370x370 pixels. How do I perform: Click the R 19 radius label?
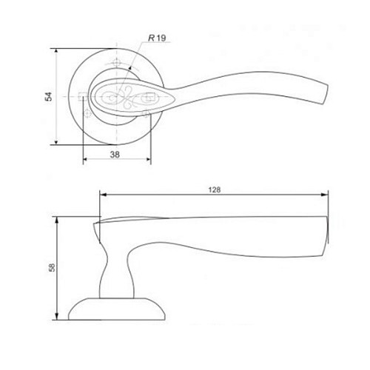click(x=157, y=38)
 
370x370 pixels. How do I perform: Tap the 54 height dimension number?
click(x=48, y=96)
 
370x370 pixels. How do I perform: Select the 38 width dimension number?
click(x=115, y=155)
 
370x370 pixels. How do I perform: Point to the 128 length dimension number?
click(x=215, y=189)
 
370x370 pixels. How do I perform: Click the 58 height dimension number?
click(x=52, y=268)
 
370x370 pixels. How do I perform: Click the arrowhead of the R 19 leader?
click(x=130, y=69)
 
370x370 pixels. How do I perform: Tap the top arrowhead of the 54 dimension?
click(x=56, y=51)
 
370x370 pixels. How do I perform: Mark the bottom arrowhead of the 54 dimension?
click(x=56, y=142)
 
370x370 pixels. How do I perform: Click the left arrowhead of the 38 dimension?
click(x=85, y=159)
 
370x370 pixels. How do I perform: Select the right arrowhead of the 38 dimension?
click(x=148, y=159)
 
